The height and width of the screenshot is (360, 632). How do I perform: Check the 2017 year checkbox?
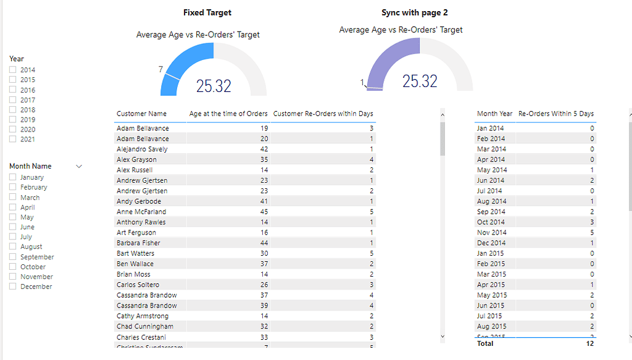tap(12, 99)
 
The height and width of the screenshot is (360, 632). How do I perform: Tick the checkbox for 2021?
tap(12, 139)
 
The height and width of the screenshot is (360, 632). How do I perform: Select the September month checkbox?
tap(12, 256)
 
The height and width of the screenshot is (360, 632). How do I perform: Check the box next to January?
tap(12, 177)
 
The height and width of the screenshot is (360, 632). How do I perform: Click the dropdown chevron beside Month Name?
tap(78, 166)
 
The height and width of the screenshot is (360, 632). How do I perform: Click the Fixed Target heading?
tap(207, 12)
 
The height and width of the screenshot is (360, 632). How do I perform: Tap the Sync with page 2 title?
tap(415, 12)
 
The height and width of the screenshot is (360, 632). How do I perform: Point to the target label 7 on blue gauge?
tap(160, 70)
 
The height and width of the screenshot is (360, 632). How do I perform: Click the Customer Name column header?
tap(141, 114)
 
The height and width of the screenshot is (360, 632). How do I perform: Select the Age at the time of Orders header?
tap(228, 114)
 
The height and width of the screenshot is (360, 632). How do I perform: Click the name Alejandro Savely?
tap(142, 149)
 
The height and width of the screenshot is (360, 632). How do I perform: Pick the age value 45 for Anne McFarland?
tap(264, 212)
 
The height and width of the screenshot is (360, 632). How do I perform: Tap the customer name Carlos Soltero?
tap(138, 285)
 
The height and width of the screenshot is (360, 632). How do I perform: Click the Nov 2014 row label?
tap(491, 232)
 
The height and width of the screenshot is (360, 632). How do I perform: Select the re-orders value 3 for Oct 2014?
tap(592, 222)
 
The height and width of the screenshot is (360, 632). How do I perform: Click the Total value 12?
tap(589, 343)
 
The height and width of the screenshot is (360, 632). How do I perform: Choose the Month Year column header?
tap(494, 114)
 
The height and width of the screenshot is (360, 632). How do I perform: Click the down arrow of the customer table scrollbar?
tap(442, 337)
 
